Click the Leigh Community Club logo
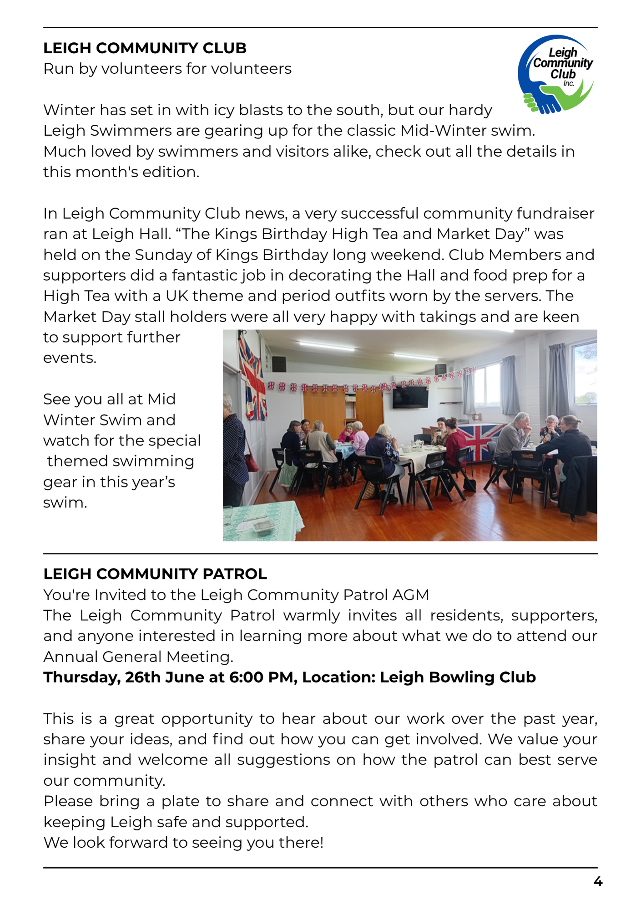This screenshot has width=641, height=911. [556, 74]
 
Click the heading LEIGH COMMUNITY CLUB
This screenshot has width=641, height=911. [145, 48]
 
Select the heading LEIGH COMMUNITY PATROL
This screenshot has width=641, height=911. [155, 574]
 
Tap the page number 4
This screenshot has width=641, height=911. [598, 882]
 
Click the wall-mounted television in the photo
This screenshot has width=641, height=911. [410, 397]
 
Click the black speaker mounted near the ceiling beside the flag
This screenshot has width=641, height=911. [278, 364]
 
